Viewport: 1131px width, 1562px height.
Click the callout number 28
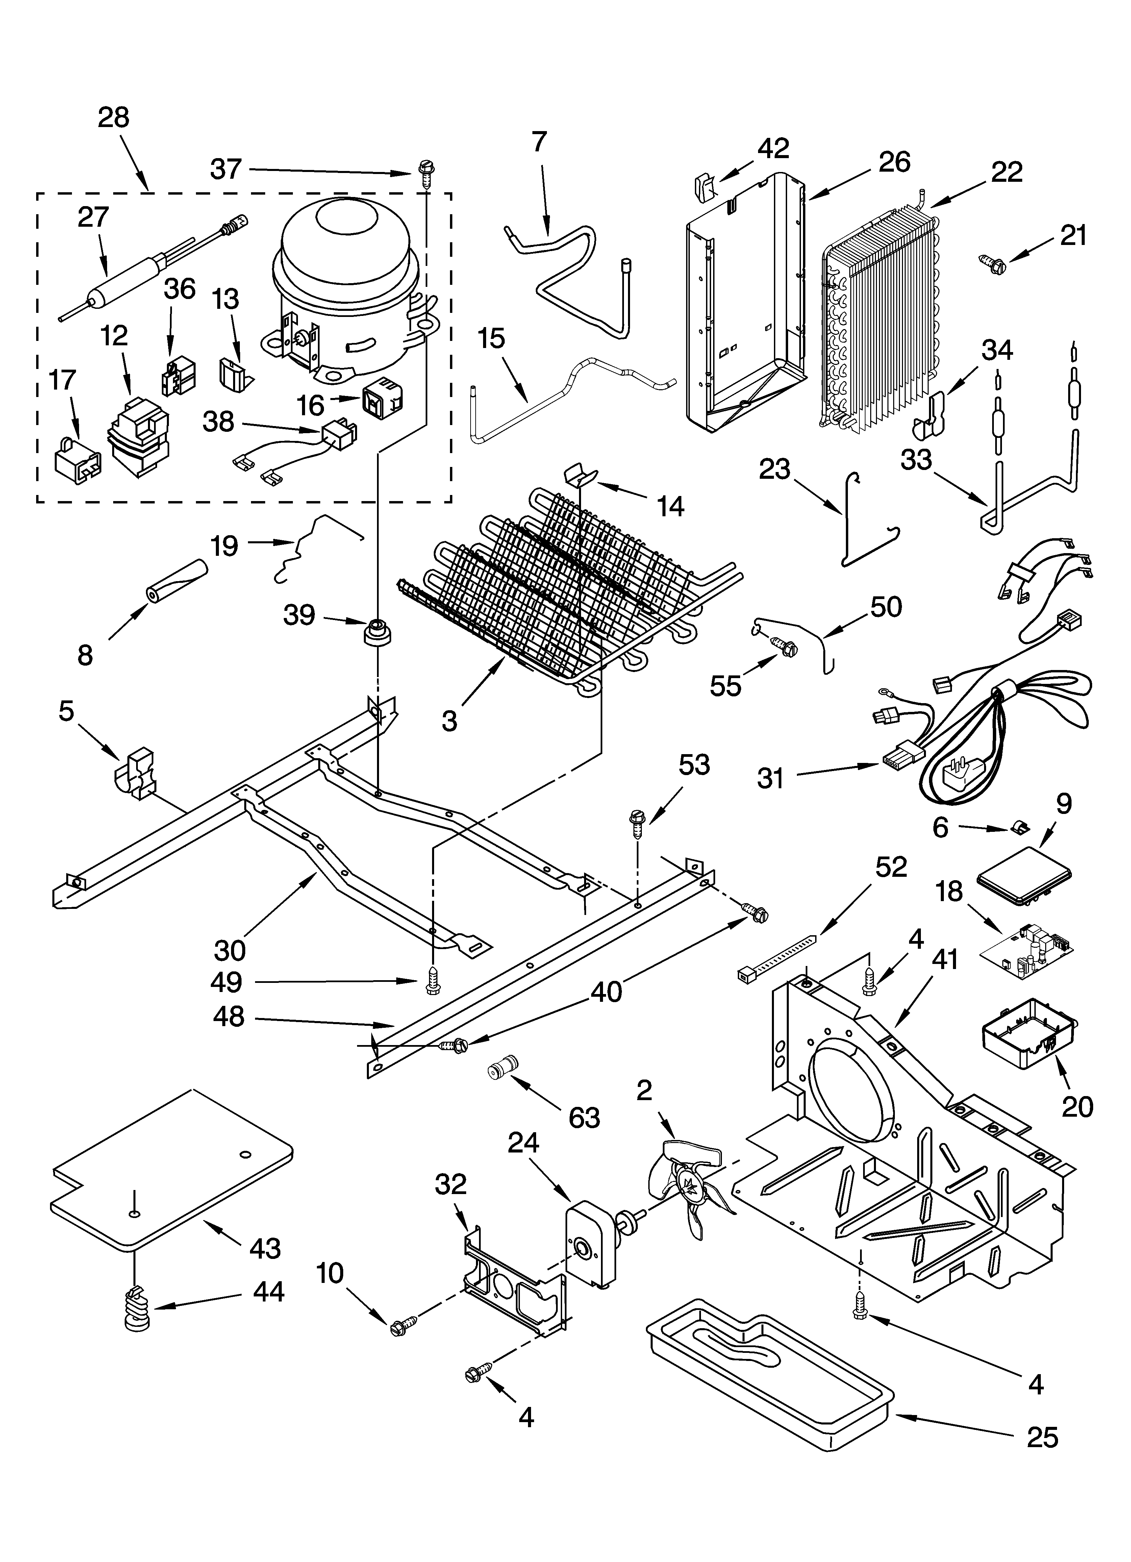coord(114,118)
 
